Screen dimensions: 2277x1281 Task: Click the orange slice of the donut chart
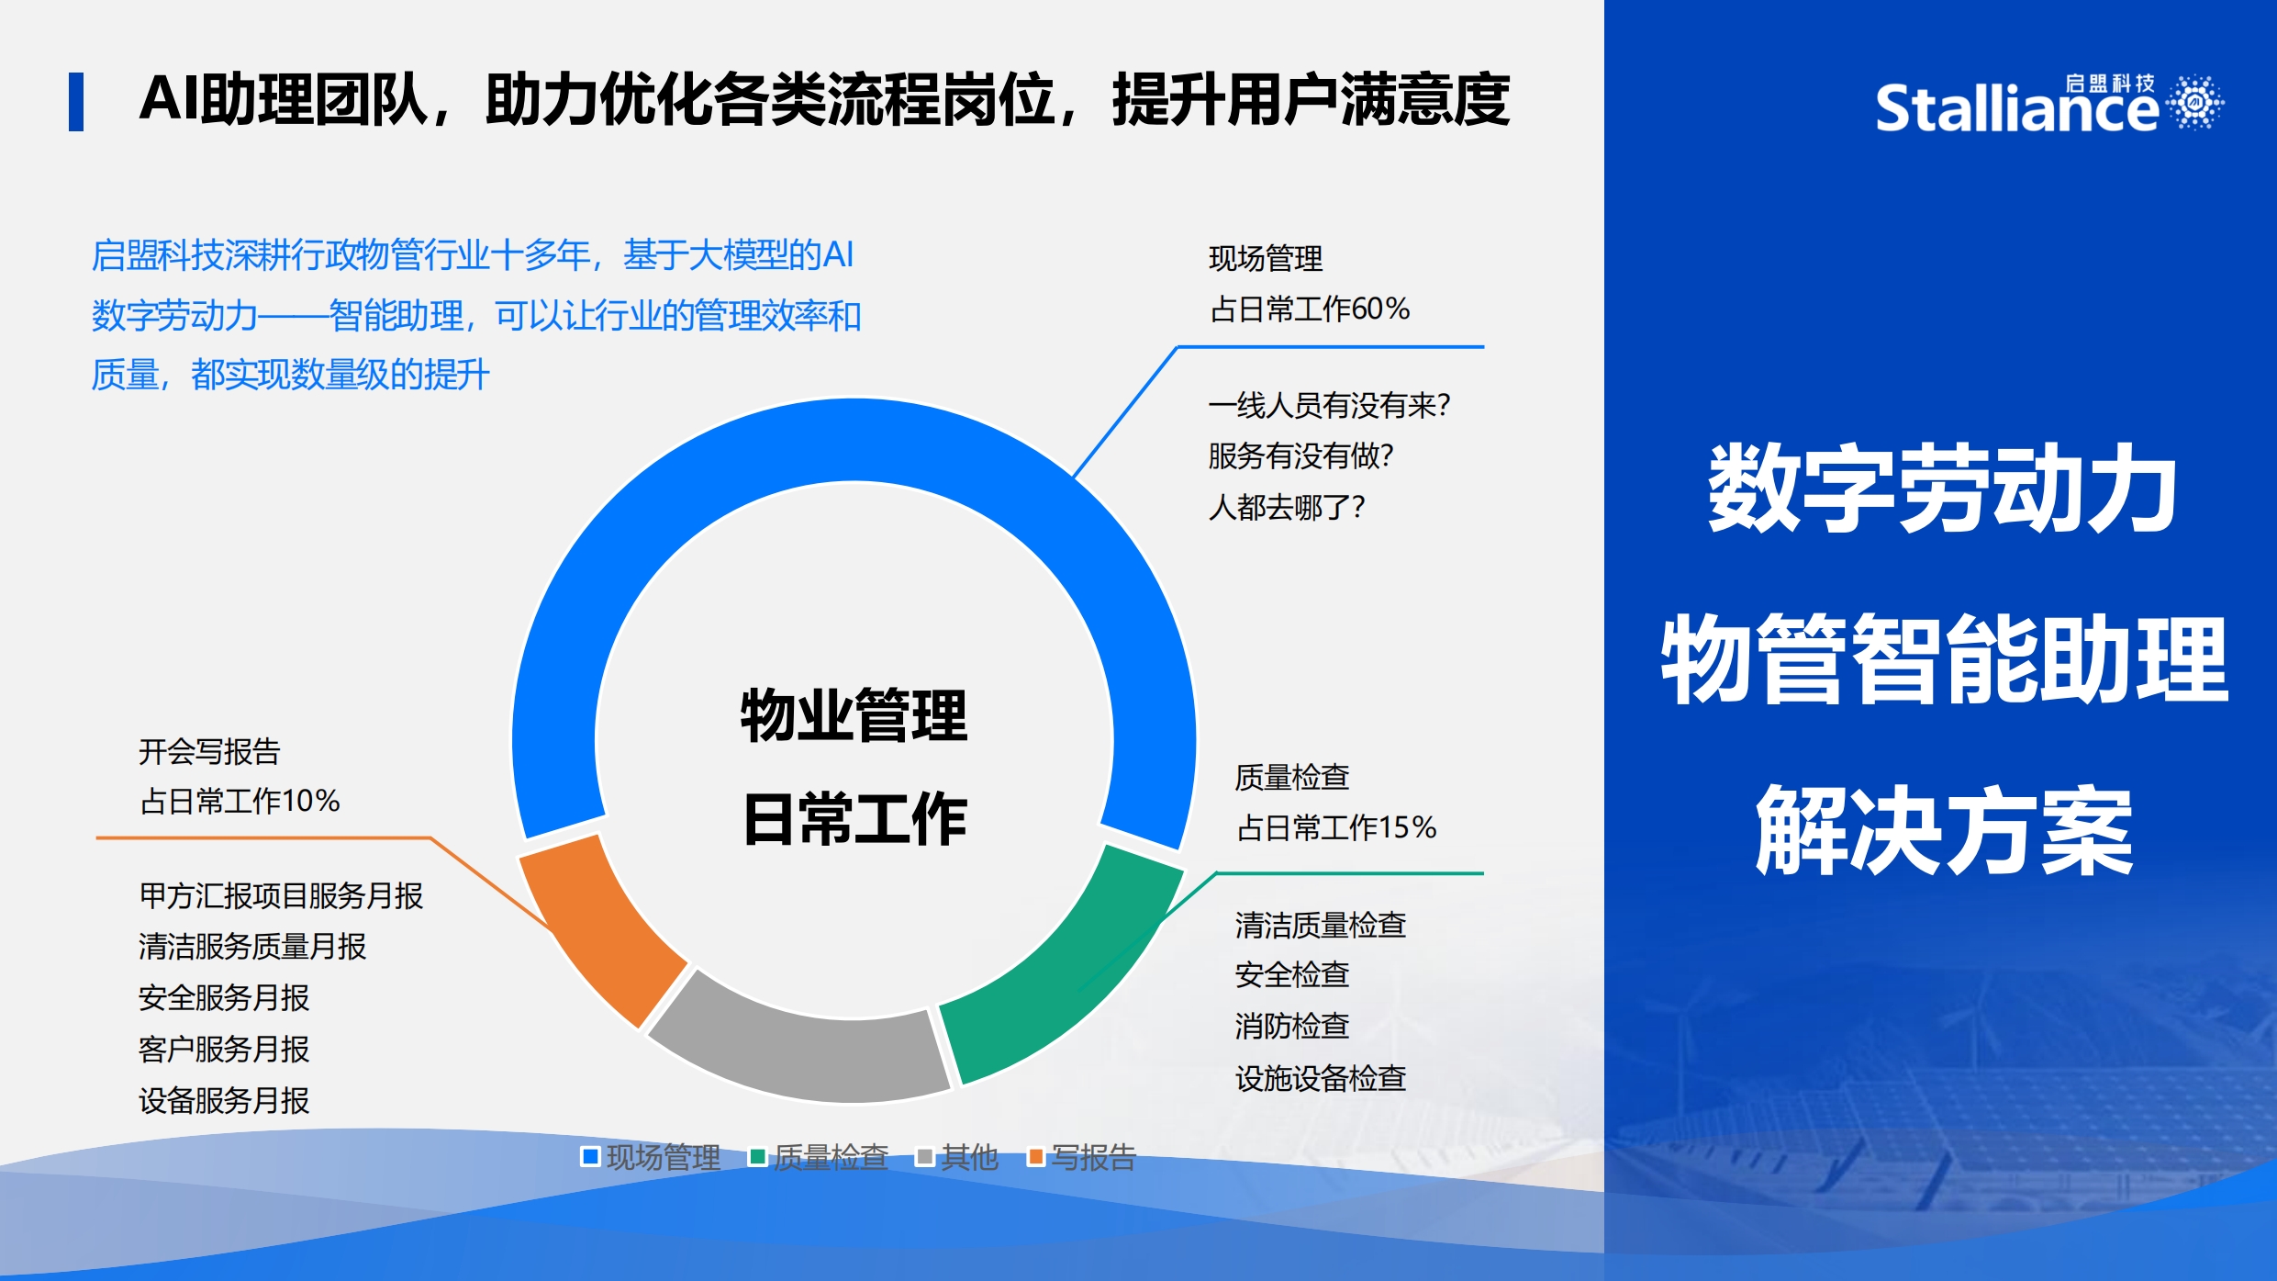click(x=601, y=927)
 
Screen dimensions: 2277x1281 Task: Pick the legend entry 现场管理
click(x=652, y=1157)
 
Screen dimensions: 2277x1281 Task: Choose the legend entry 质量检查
click(x=820, y=1157)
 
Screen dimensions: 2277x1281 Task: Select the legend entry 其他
click(x=957, y=1157)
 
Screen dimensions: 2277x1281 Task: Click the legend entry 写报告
click(x=1082, y=1157)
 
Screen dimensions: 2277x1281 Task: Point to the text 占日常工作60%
click(x=1310, y=309)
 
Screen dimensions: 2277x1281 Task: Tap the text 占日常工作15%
click(x=1336, y=827)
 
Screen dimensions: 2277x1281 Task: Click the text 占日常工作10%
click(x=240, y=801)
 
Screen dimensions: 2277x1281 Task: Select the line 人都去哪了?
click(x=1287, y=507)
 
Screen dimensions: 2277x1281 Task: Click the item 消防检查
click(x=1292, y=1026)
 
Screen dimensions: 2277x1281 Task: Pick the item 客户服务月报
click(x=224, y=1049)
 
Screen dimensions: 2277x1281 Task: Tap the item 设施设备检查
click(x=1321, y=1078)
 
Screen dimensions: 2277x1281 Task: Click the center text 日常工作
click(x=854, y=819)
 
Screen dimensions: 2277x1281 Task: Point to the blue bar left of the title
click(x=76, y=102)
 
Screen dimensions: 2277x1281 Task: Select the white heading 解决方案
click(x=1944, y=831)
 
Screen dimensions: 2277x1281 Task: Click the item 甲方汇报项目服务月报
click(x=281, y=895)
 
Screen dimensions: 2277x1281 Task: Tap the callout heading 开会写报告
click(x=209, y=751)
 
